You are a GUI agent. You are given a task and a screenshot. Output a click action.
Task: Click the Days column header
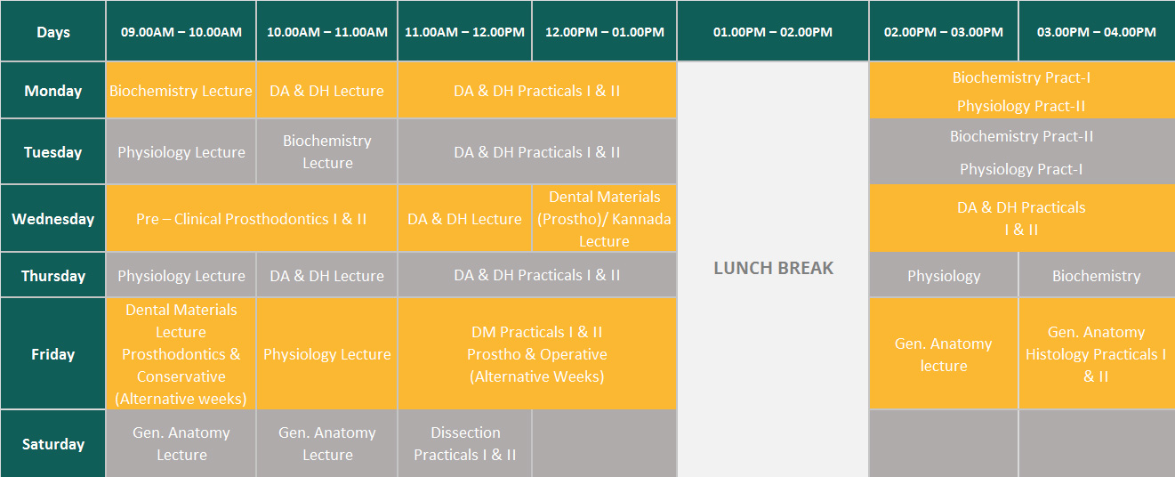[x=53, y=31]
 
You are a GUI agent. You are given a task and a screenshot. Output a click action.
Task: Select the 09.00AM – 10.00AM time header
[x=181, y=31]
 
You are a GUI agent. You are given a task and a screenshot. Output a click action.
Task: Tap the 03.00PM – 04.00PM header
[x=1097, y=31]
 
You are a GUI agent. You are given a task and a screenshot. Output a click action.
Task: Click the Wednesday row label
[x=53, y=218]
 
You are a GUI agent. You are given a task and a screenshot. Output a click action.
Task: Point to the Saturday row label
[x=53, y=444]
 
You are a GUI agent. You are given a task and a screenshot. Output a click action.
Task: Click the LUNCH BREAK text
[x=773, y=268]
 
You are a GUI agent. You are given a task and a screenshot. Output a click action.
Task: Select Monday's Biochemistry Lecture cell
[x=181, y=90]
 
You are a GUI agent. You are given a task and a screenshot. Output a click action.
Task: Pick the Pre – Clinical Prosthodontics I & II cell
[x=252, y=218]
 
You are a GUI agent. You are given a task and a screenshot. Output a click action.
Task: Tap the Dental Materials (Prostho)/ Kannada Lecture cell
[x=604, y=218]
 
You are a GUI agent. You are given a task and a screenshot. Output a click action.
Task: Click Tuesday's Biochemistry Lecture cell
[x=326, y=151]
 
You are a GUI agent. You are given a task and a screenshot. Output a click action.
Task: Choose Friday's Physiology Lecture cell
[x=326, y=353]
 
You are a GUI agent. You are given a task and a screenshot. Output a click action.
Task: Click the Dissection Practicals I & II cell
[x=465, y=444]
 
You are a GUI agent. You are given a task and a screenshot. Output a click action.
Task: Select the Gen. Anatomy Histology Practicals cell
[x=1097, y=353]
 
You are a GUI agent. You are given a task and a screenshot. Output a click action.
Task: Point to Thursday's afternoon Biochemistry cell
[x=1097, y=276]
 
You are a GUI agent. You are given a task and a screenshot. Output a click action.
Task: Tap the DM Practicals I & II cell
[x=537, y=353]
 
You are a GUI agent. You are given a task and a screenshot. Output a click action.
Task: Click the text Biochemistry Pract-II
[x=1021, y=136]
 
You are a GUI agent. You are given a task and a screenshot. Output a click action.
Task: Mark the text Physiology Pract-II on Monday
[x=1021, y=106]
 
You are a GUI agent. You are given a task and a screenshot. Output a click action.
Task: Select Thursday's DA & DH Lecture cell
[x=326, y=276]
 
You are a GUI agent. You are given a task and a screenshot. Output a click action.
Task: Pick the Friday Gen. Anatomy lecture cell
[x=943, y=353]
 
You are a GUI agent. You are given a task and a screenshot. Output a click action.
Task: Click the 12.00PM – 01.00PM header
[x=604, y=31]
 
